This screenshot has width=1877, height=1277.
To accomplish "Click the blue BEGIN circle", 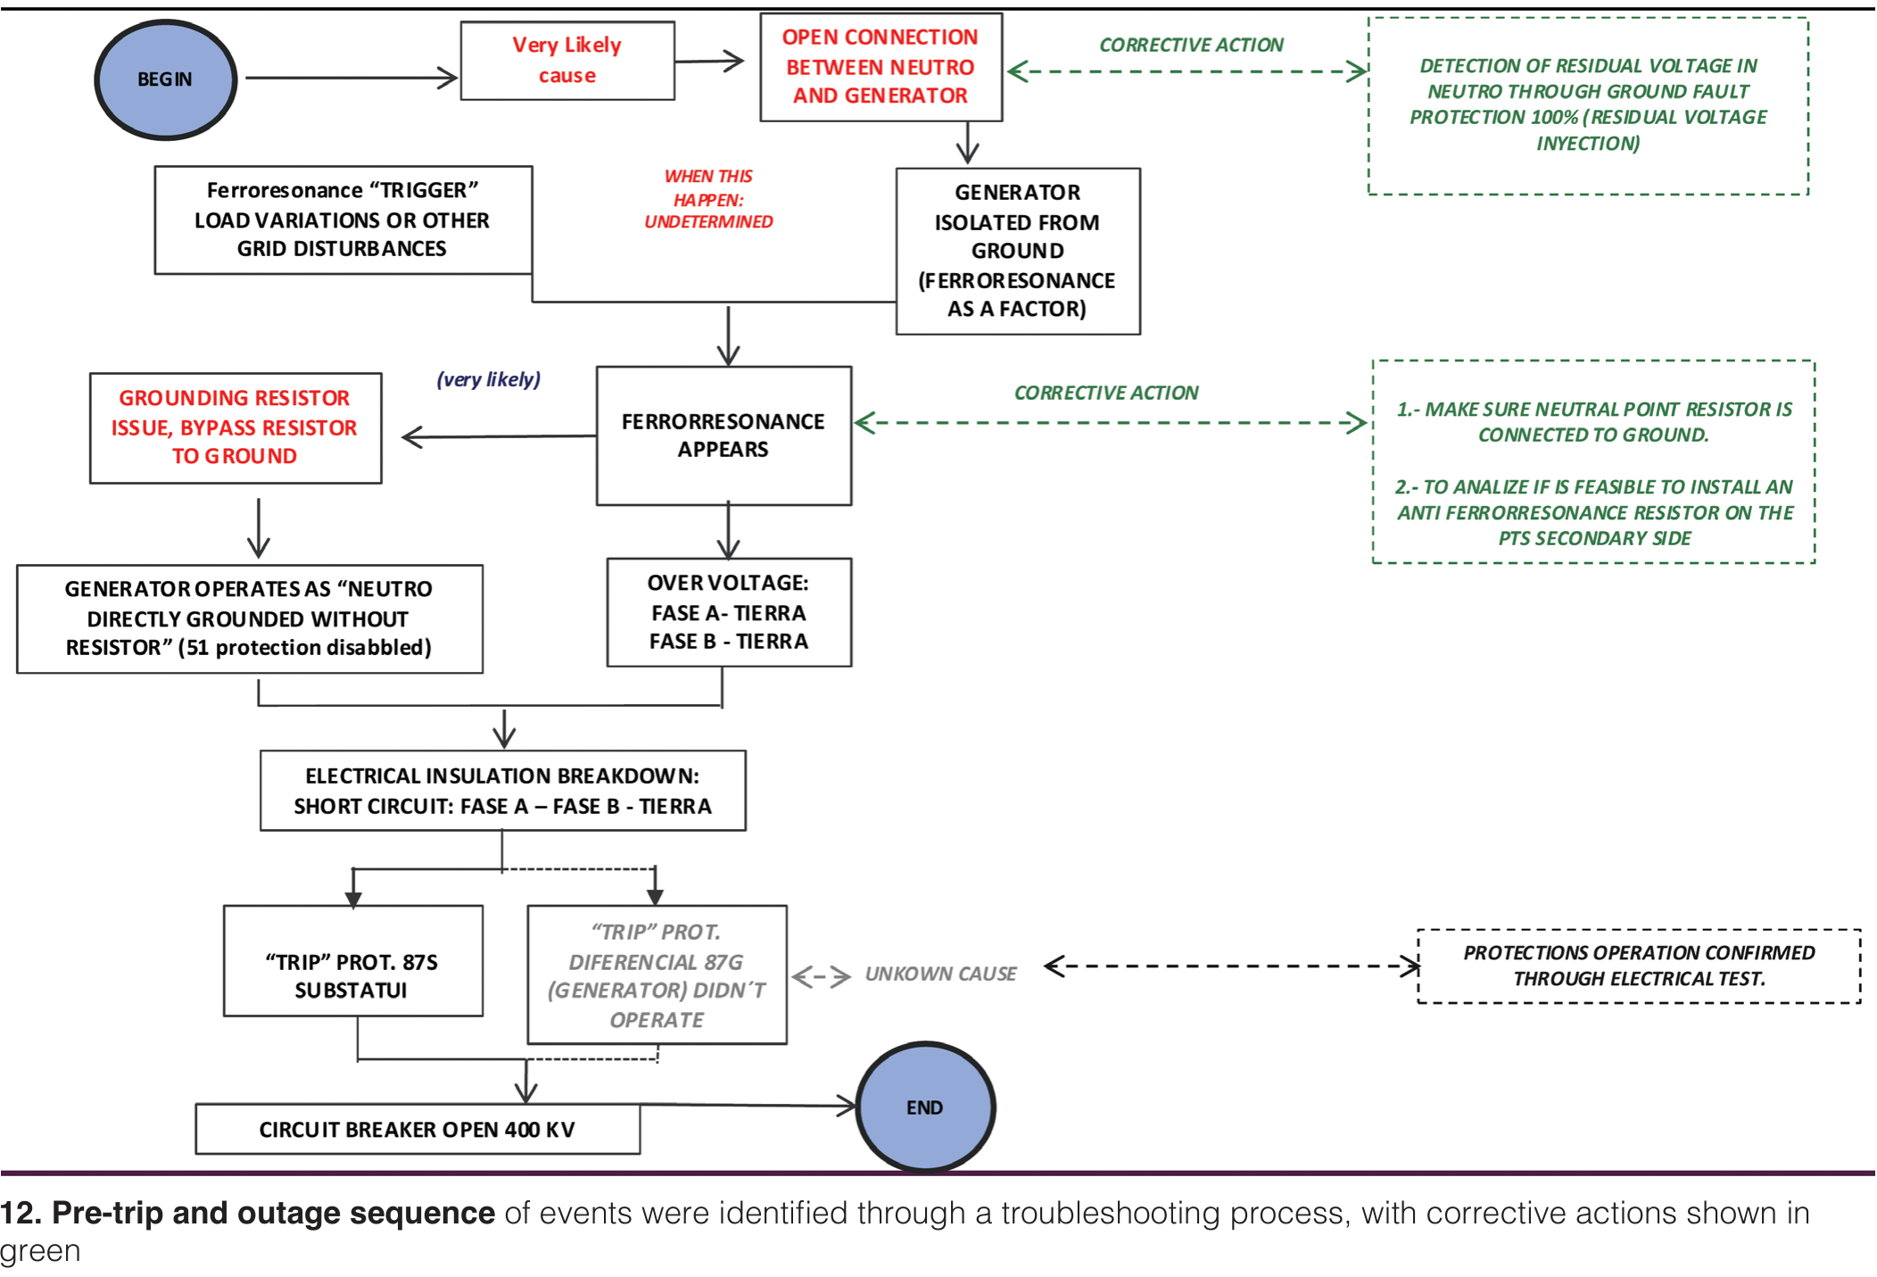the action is [x=165, y=79].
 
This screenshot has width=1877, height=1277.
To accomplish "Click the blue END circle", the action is [x=925, y=1107].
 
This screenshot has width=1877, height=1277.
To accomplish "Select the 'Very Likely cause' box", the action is [x=567, y=61].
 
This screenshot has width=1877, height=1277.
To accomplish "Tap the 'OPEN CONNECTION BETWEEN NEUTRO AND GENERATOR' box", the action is [x=881, y=67].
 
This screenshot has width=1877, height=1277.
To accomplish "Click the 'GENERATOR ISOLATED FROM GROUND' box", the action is [x=1018, y=251].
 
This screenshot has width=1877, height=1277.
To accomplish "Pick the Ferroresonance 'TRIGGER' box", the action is [x=343, y=220].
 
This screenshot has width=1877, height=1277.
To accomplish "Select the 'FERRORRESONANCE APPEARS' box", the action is [x=724, y=435].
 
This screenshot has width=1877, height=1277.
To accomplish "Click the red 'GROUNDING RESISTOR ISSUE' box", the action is [x=236, y=427].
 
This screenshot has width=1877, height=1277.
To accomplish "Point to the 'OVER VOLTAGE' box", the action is [x=729, y=612].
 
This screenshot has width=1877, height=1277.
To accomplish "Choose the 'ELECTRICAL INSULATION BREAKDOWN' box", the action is [x=503, y=791].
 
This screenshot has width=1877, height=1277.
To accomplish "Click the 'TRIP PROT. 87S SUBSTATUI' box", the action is [x=352, y=961].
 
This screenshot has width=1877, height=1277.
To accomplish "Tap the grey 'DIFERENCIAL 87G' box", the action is [x=657, y=974].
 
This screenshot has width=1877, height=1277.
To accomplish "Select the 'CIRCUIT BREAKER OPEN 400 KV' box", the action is [x=418, y=1129].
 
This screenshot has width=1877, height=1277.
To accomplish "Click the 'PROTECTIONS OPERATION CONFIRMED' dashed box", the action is [x=1639, y=966].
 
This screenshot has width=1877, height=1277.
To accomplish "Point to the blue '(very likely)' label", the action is [x=489, y=379].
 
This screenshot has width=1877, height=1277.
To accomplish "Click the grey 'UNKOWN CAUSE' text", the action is [x=941, y=974].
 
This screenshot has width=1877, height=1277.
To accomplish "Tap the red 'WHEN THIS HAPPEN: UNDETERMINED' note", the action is [x=709, y=199].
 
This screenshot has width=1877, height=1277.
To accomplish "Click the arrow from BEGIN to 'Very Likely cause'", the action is [x=351, y=78].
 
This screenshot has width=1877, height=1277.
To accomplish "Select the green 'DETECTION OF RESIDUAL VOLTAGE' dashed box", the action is [x=1588, y=105].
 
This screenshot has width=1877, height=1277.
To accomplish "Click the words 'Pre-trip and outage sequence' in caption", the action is [x=273, y=1213].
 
